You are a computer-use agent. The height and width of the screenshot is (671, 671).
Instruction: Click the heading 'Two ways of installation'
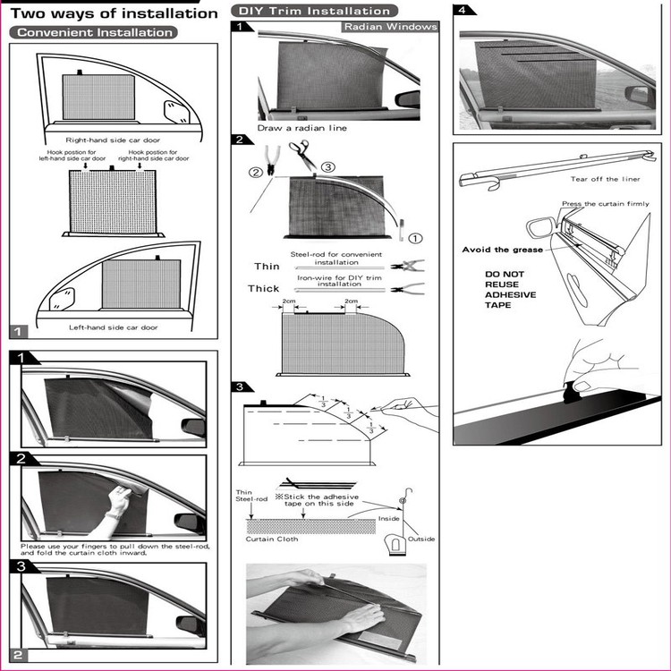point(113,13)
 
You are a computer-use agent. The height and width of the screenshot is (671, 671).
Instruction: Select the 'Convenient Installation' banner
point(93,32)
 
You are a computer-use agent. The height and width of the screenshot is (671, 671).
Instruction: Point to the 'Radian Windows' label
point(391,27)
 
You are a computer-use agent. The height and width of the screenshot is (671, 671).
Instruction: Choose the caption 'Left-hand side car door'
point(113,327)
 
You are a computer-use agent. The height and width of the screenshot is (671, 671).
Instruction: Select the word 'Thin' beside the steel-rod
point(267,266)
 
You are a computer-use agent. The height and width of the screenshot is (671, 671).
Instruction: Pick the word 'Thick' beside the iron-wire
point(264,287)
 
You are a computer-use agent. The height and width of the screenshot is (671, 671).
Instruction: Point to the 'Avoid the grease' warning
point(503,250)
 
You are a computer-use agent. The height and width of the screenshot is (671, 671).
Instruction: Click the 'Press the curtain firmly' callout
point(605,204)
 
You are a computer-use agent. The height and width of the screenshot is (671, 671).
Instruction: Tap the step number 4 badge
point(463,10)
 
